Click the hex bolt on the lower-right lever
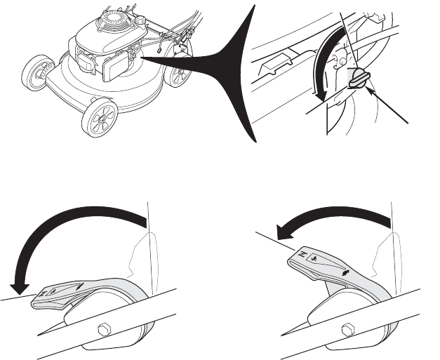coord(347,328)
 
